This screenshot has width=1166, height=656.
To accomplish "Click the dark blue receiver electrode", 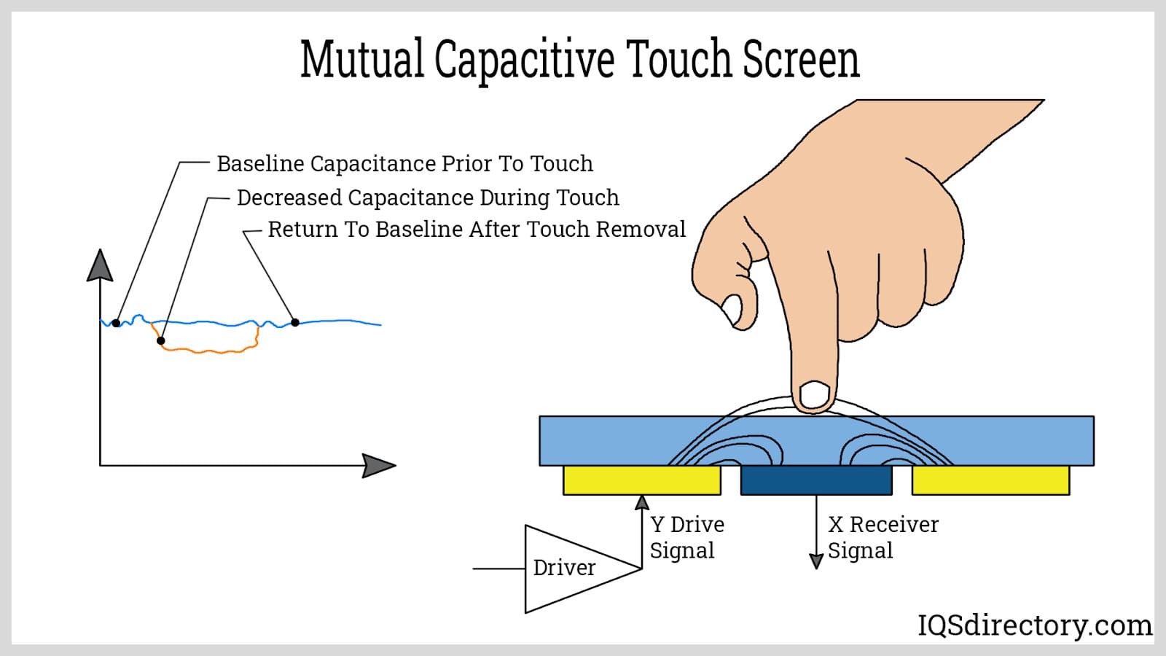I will coord(816,480).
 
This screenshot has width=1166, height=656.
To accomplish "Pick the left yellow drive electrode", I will coord(641,480).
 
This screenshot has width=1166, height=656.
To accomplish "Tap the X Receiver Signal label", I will coord(882,537).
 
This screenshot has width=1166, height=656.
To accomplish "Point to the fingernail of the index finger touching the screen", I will coord(815,395).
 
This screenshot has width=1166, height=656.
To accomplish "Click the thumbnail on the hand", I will coord(732,311).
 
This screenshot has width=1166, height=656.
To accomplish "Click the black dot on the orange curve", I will coord(161,340).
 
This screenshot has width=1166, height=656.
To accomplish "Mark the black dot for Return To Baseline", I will coord(295,322).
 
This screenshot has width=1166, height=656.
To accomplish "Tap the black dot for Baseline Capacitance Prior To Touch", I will coord(117,323).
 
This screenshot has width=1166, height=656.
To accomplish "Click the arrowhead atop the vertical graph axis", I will coord(100,266).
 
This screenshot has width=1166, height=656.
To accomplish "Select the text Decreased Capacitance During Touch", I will coord(428,198).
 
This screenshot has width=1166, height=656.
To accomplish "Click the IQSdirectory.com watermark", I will coord(1034,625).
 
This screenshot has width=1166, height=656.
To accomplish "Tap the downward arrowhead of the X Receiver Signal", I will coord(816,561).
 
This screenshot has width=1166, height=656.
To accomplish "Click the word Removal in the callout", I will coord(641,230).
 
